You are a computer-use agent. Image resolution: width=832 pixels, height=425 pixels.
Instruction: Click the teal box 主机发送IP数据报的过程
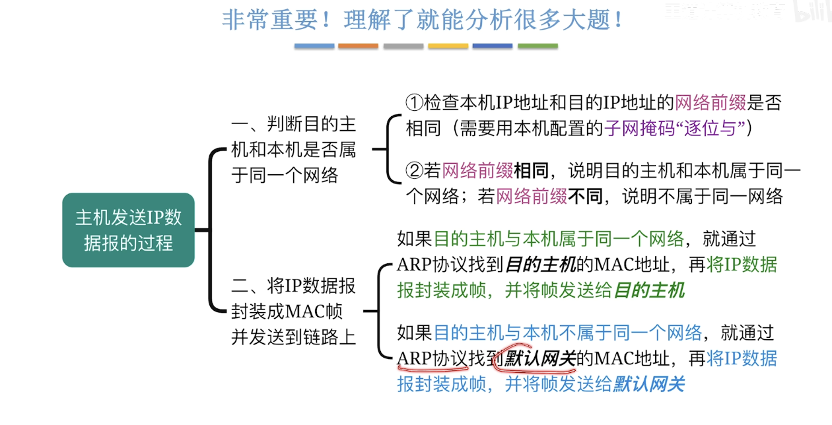pos(128,230)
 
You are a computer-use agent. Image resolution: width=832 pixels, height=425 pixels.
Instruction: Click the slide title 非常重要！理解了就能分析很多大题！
pos(423,20)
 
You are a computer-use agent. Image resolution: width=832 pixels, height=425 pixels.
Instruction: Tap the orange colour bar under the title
pos(358,46)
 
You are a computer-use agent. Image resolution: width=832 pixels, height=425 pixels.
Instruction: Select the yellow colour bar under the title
pos(448,46)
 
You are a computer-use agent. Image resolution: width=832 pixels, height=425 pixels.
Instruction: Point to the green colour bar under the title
pos(537,46)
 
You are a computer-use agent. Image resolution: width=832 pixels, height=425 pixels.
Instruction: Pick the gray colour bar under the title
pos(403,46)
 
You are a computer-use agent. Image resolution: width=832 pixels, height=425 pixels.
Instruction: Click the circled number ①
pos(413,102)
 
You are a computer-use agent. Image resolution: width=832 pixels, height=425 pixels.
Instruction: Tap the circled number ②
pos(413,172)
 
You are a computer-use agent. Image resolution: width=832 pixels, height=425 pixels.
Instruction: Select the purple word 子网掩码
pos(628,127)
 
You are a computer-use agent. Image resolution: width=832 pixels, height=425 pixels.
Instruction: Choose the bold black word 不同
pos(585,196)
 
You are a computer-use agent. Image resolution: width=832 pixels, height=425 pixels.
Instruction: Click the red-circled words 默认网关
pos(539,358)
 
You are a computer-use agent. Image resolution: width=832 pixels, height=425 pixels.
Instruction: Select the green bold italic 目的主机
pos(649,290)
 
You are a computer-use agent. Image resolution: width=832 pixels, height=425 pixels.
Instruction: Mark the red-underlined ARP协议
pos(432,358)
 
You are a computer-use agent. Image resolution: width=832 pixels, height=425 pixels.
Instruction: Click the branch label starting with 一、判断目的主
pos(293,149)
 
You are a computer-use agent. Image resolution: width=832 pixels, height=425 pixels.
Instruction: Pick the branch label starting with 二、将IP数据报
pos(293,311)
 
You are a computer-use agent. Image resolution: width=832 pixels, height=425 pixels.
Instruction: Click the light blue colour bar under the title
pos(314,46)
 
